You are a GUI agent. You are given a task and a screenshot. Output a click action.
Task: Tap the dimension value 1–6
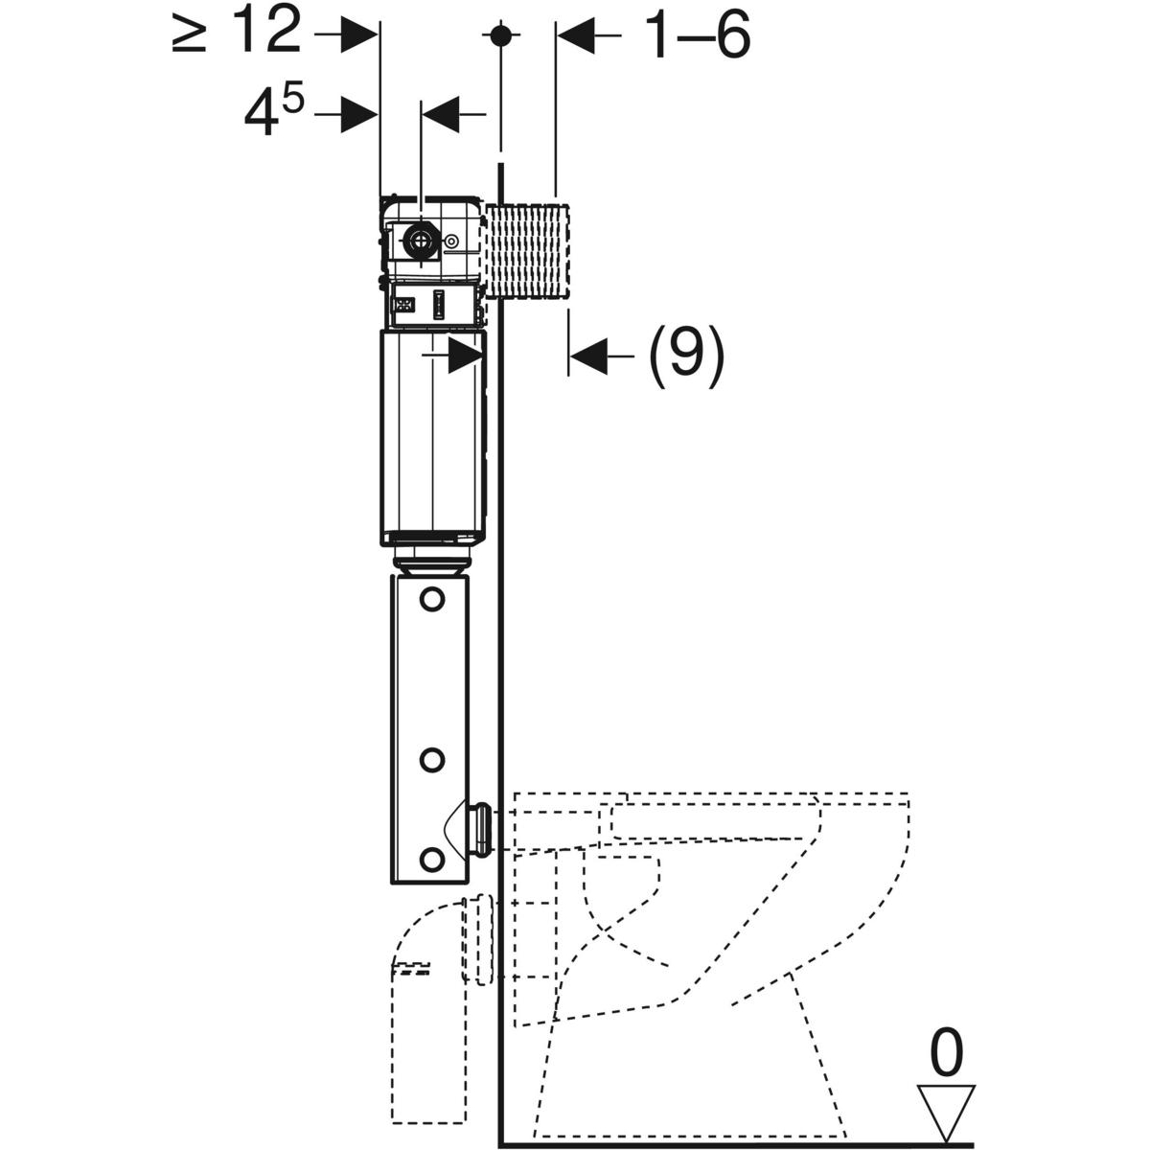click(697, 36)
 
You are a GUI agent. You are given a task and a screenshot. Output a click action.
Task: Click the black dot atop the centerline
click(498, 35)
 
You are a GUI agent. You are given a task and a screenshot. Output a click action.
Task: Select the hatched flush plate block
click(529, 251)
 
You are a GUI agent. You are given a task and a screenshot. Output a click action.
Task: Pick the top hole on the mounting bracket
click(432, 600)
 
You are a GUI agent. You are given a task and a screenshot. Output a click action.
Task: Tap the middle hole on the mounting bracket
click(432, 760)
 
